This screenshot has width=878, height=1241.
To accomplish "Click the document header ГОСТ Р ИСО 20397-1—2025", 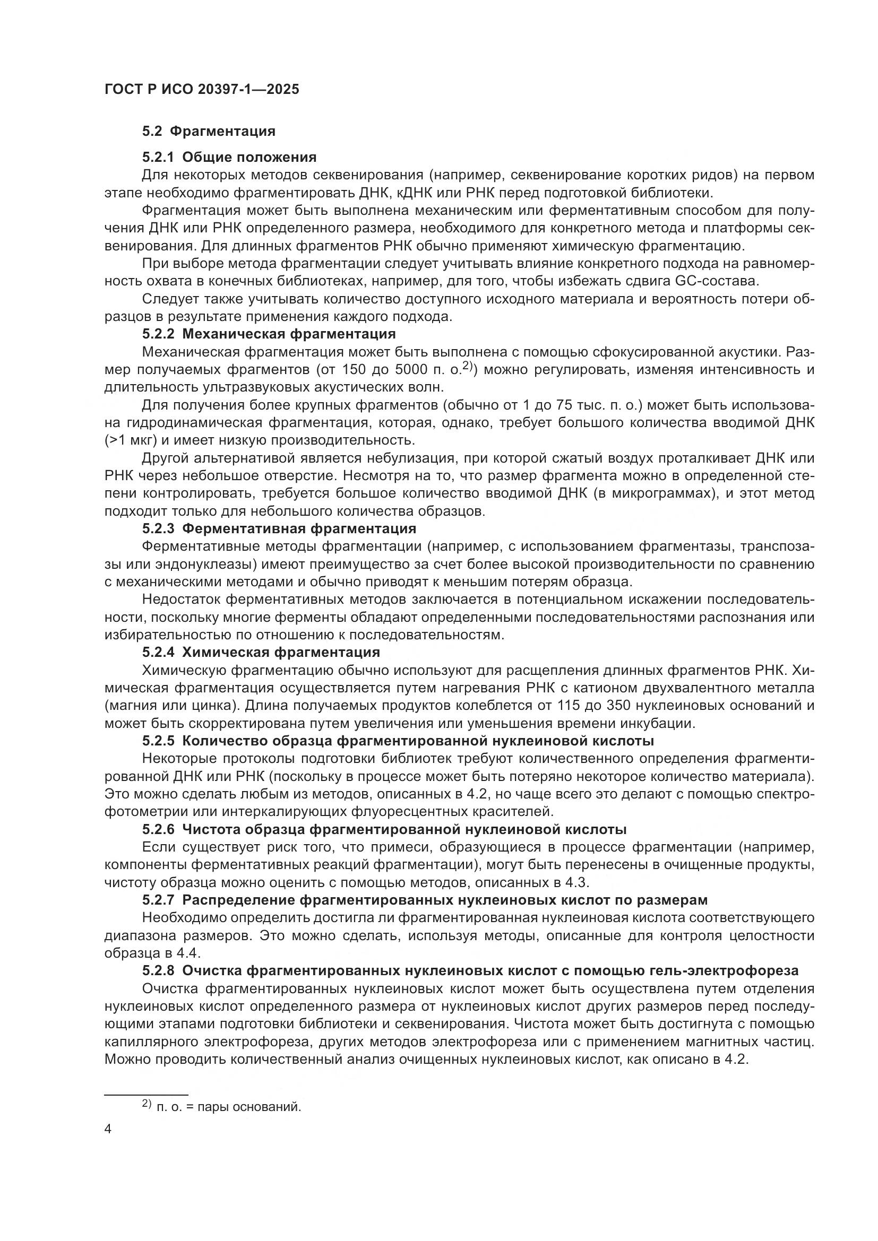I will (x=202, y=90).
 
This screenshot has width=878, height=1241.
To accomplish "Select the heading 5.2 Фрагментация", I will (x=209, y=132).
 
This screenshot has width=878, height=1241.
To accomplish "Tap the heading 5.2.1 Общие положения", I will (x=229, y=157).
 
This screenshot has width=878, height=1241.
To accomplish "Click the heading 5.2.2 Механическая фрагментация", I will (x=269, y=334).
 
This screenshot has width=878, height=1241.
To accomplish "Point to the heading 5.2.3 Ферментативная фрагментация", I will (x=279, y=528).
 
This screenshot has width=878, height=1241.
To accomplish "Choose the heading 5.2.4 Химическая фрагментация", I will (x=261, y=653).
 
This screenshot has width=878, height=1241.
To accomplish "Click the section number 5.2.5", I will (x=158, y=741).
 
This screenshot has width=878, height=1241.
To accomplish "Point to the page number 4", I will (x=108, y=1130).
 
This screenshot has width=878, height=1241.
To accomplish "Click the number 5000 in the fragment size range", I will (x=411, y=370).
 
